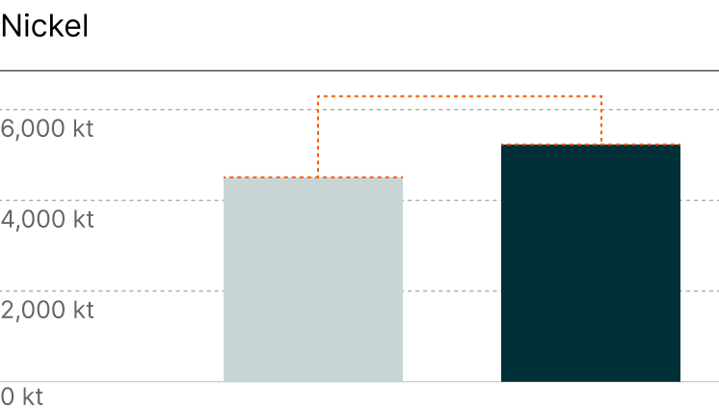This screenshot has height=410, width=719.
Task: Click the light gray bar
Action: (313, 280)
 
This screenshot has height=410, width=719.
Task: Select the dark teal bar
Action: (590, 263)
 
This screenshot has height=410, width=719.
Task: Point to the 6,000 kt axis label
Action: (47, 129)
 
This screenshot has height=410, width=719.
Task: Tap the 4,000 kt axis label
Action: (47, 220)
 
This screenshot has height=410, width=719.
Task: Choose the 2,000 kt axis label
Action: (47, 311)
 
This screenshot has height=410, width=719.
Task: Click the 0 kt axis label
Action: (22, 396)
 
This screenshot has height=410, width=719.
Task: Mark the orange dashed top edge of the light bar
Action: (313, 178)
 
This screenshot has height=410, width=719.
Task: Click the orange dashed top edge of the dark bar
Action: (590, 145)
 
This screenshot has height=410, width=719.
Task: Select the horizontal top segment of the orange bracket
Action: (460, 96)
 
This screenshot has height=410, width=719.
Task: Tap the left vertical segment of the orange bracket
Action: (318, 136)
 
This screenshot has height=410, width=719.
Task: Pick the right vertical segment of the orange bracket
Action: (601, 120)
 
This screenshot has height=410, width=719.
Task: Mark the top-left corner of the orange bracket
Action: (318, 96)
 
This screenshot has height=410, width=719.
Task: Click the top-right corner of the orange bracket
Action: (601, 96)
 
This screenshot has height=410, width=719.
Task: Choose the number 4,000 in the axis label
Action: (33, 220)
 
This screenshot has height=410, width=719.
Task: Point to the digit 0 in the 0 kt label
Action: (8, 396)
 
